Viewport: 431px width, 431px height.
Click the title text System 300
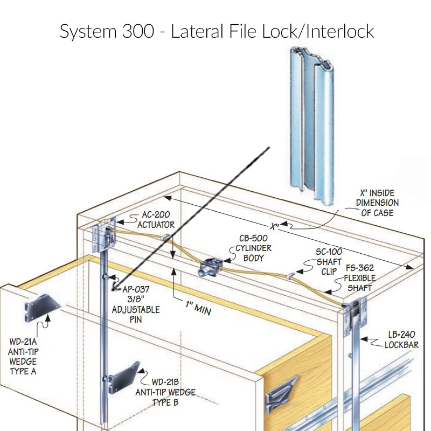(110, 31)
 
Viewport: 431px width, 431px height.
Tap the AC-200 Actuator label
(156, 220)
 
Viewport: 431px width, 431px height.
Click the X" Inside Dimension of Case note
(377, 203)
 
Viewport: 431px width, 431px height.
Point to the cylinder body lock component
(210, 267)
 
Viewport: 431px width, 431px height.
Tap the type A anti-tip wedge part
(41, 305)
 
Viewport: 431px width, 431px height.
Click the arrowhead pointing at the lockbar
(362, 339)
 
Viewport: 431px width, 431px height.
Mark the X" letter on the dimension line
(275, 226)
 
